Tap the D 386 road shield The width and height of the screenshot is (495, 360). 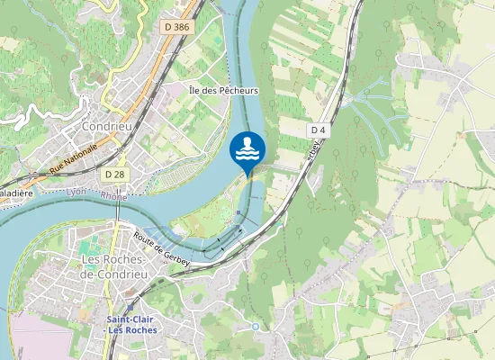[177, 28]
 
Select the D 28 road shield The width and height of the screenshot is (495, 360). [114, 174]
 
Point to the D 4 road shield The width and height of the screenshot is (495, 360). [317, 130]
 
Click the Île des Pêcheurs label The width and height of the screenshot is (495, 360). [224, 91]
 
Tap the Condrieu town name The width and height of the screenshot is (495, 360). [107, 127]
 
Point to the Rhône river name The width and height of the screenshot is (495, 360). [113, 195]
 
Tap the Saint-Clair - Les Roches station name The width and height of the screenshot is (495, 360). [131, 324]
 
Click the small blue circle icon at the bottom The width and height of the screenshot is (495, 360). [256, 326]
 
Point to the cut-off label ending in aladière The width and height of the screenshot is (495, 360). [15, 193]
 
